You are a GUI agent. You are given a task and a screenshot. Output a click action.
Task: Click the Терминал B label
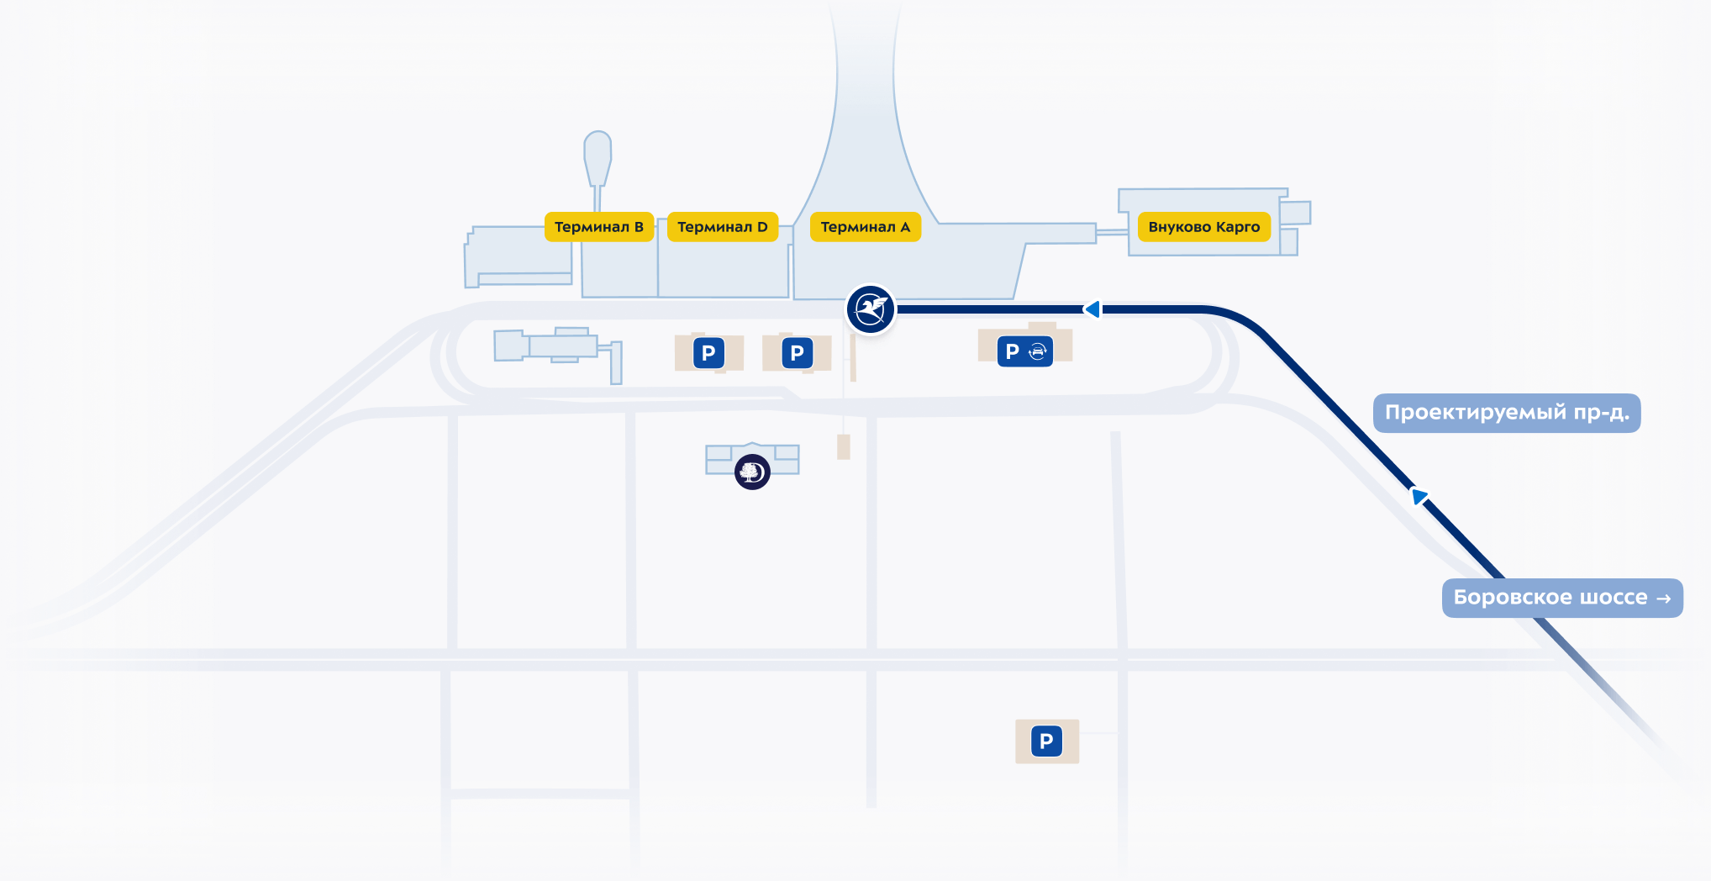598,227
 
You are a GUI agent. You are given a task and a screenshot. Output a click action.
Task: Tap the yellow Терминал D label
722,227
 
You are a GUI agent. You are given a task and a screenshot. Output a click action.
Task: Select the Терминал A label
865,227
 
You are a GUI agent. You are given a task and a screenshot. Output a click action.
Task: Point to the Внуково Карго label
1203,227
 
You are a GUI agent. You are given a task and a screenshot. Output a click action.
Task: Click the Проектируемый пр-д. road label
1506,413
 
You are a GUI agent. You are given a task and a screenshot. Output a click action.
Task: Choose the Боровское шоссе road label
1561,598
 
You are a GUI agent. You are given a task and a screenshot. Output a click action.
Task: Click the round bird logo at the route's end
870,309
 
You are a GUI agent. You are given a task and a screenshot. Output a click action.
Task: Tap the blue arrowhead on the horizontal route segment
1092,309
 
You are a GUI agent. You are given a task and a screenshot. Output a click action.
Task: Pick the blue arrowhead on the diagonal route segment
1419,496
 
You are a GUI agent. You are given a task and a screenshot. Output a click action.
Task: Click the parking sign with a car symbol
1025,351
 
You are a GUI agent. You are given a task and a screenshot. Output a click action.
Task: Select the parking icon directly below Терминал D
708,353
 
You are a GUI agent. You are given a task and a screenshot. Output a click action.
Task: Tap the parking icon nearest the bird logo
797,353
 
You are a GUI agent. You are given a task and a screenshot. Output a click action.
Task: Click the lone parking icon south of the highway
1046,741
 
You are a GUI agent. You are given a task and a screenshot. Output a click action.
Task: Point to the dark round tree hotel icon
752,472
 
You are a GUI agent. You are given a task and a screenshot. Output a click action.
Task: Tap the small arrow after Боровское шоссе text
1663,599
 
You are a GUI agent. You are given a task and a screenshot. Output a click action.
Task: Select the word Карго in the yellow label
1237,227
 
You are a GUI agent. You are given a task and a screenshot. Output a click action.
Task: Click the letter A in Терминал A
905,227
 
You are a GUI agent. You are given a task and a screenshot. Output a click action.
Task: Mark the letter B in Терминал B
639,227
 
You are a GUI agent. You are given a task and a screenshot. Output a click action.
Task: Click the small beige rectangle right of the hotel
844,446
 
